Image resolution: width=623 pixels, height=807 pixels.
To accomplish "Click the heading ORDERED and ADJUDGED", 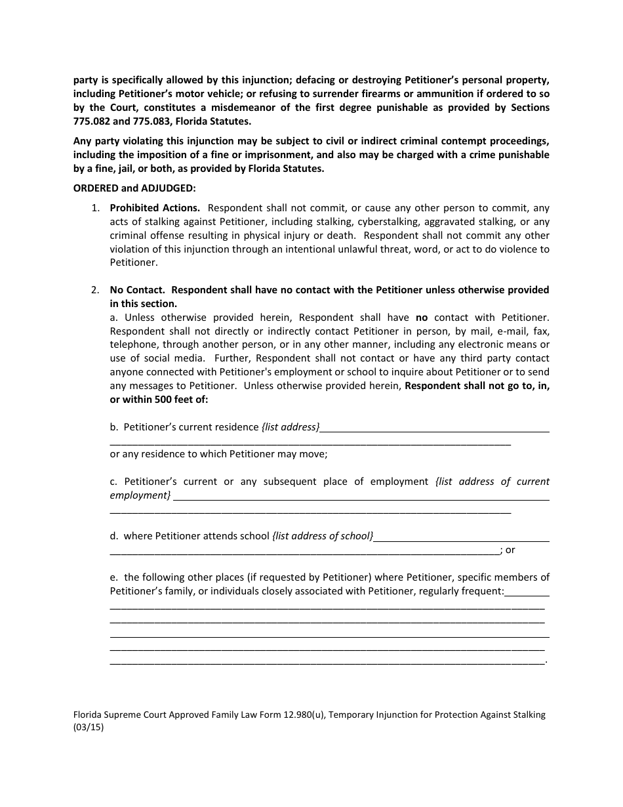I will point(134,188).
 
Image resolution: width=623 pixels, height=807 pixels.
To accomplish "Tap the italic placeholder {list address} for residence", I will point(291,427).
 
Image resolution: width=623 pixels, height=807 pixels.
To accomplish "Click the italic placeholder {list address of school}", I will point(323,536).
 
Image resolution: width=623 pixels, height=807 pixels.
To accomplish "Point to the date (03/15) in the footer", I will point(89,727).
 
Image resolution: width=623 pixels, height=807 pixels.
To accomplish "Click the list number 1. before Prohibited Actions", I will point(96,208).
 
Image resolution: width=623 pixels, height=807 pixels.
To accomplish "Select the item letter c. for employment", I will point(114,482).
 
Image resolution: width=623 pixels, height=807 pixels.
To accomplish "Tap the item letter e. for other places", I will point(114,577).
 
